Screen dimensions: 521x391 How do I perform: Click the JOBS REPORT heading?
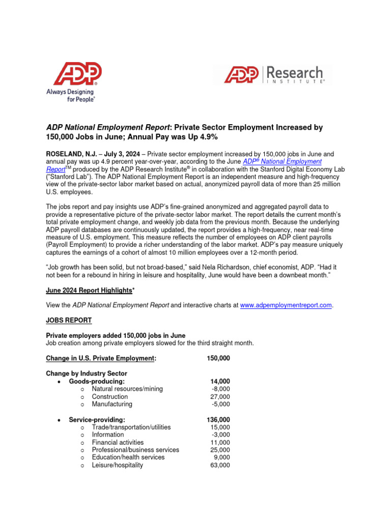(69, 321)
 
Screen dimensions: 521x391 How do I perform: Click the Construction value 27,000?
(220, 396)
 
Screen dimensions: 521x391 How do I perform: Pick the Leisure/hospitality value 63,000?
(220, 465)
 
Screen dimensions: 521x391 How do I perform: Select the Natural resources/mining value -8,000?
(220, 389)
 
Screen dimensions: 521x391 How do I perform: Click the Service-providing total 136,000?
(219, 420)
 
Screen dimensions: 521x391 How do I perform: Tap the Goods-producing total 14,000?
(220, 381)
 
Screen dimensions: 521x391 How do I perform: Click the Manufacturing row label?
(112, 404)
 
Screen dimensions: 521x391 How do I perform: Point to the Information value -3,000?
(220, 435)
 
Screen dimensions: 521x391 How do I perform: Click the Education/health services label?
(128, 457)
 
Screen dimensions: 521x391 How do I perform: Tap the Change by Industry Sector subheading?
(87, 373)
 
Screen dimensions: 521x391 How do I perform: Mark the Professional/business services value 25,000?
(220, 450)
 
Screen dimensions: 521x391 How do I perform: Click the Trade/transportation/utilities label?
(131, 427)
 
